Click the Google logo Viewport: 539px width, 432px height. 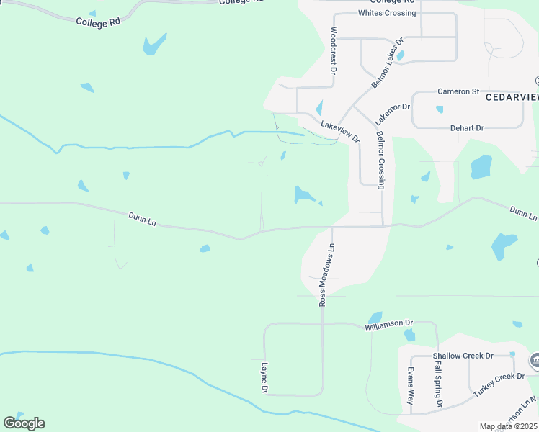coord(24,423)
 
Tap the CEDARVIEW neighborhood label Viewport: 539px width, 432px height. coord(512,96)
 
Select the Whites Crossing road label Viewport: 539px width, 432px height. coord(387,13)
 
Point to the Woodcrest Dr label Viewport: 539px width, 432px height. coord(333,51)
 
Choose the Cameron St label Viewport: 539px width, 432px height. coord(458,91)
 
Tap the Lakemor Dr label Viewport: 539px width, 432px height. coord(392,112)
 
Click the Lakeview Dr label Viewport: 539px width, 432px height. coord(339,130)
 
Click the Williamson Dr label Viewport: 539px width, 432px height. coord(388,325)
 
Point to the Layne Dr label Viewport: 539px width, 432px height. coord(264,377)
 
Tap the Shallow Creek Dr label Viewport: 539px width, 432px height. coord(463,356)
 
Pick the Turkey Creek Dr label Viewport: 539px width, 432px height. coord(499,386)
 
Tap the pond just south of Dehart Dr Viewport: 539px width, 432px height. coord(481,166)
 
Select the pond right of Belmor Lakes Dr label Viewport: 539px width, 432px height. coord(401,54)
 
